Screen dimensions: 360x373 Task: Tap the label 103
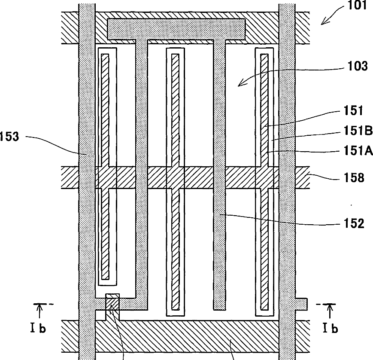coord(358,67)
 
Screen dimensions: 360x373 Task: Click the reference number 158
coord(354,177)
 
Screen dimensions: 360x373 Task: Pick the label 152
coord(354,223)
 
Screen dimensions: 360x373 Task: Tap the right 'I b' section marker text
coord(329,329)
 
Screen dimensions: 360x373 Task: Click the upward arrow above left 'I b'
coord(39,310)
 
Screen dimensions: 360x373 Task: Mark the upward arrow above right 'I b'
coord(330,310)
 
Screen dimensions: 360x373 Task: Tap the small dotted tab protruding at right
coord(302,304)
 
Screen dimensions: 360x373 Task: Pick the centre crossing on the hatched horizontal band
coord(176,178)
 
